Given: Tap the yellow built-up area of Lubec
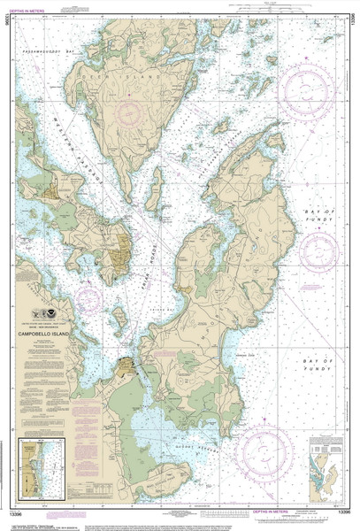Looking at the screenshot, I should (x=131, y=366).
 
